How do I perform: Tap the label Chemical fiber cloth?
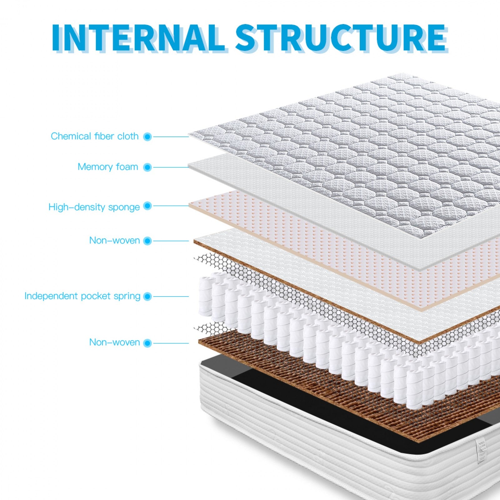95,136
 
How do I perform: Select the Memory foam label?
108,167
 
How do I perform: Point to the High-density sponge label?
94,207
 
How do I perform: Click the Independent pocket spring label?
82,296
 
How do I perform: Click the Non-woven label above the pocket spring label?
114,240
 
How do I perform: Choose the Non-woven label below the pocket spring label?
114,342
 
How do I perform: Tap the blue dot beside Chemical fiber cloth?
147,137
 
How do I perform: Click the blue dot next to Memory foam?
147,167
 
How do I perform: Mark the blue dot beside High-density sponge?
147,206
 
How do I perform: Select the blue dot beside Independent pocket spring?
147,296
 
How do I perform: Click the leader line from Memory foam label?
171,167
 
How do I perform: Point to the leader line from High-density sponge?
171,206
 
